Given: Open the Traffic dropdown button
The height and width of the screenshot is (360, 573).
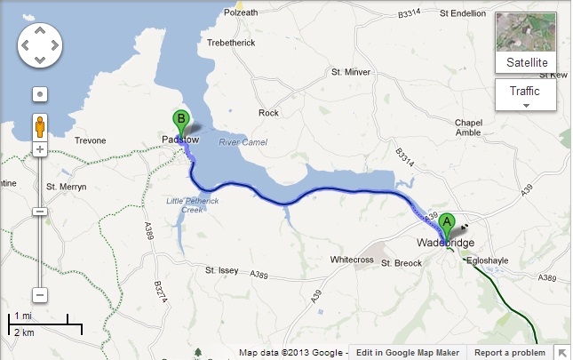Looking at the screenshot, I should pyautogui.click(x=525, y=94).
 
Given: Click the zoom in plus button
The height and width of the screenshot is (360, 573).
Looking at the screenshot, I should pyautogui.click(x=39, y=149).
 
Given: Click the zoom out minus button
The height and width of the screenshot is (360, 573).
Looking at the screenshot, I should pyautogui.click(x=39, y=295).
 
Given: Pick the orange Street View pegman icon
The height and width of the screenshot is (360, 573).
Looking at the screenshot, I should pyautogui.click(x=39, y=124).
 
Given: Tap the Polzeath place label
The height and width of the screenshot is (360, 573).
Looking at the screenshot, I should pyautogui.click(x=241, y=12).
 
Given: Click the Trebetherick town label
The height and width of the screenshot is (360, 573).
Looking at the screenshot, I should pyautogui.click(x=230, y=44).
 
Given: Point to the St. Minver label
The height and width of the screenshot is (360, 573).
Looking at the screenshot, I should pyautogui.click(x=349, y=72).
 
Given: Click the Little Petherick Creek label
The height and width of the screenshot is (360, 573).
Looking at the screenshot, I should pyautogui.click(x=185, y=205).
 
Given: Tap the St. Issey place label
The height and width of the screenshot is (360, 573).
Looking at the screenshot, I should pyautogui.click(x=223, y=270).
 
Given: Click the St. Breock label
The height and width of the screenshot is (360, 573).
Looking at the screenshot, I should pyautogui.click(x=399, y=264).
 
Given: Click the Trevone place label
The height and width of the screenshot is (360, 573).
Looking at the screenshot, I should pyautogui.click(x=89, y=140).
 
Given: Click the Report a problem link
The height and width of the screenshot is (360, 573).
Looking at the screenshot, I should pyautogui.click(x=510, y=353).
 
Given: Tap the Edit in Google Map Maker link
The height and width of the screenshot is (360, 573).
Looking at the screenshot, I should pyautogui.click(x=408, y=353).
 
